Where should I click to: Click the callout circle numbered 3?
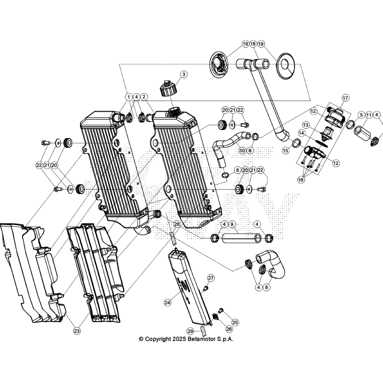(x=183, y=74)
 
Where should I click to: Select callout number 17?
(x=345, y=97)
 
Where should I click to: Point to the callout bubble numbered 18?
(x=253, y=44)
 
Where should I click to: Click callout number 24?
(x=167, y=303)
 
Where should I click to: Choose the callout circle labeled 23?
(x=77, y=330)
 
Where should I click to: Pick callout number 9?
(x=232, y=224)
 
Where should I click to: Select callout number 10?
(x=242, y=151)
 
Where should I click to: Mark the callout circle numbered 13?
(x=306, y=125)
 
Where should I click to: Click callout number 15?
(x=285, y=151)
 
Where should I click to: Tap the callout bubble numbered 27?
(x=210, y=278)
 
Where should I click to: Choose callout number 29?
(x=190, y=331)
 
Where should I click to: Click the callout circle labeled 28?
(x=177, y=224)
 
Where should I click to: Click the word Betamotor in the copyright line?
(x=208, y=339)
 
